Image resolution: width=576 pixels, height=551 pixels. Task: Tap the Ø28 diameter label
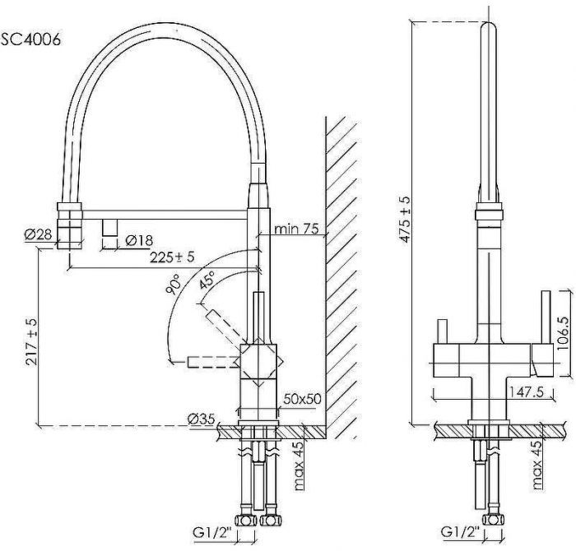(39, 234)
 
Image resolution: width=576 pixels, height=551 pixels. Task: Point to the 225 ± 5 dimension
(173, 257)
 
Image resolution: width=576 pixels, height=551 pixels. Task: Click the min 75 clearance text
(297, 228)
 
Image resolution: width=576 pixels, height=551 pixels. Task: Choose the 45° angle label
(206, 279)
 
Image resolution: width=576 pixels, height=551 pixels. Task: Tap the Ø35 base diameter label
(202, 419)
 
